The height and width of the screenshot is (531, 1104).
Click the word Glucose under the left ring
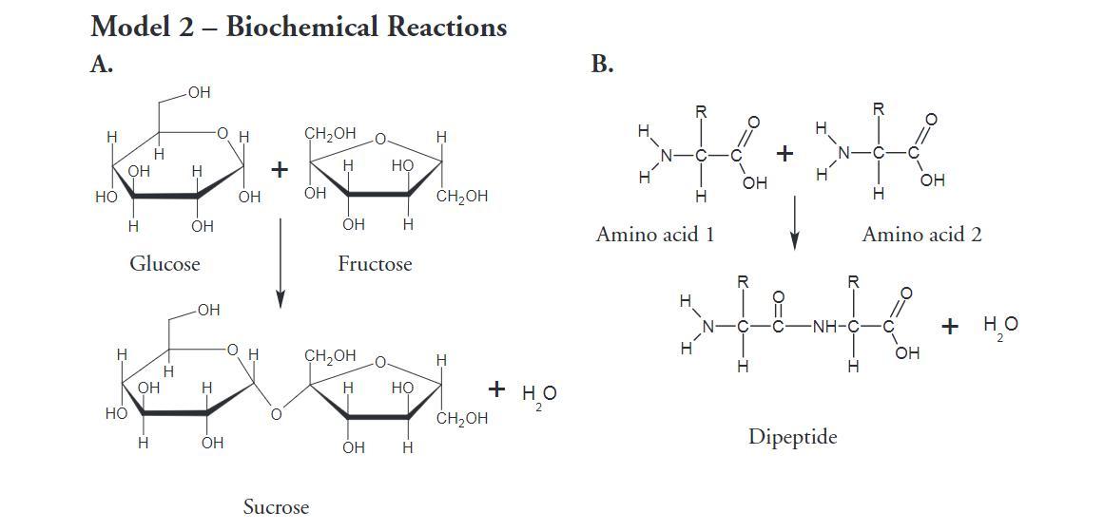[165, 264]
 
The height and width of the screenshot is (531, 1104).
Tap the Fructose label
[375, 264]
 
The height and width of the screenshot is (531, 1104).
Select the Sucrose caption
[276, 507]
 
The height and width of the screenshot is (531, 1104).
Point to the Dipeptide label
[793, 438]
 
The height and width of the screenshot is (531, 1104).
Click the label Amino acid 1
[655, 235]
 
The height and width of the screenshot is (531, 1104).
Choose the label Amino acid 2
[921, 235]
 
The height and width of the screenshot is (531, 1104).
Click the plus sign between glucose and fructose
[280, 169]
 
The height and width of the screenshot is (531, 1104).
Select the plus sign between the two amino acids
[785, 153]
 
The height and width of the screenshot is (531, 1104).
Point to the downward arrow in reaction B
[794, 223]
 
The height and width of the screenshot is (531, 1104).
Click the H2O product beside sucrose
[539, 394]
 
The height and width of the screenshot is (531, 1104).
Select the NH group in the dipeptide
[824, 328]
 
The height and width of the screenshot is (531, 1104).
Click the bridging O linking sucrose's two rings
[276, 414]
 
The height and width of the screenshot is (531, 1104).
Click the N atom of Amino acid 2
[844, 153]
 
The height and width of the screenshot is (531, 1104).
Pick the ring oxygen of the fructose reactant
[380, 140]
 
